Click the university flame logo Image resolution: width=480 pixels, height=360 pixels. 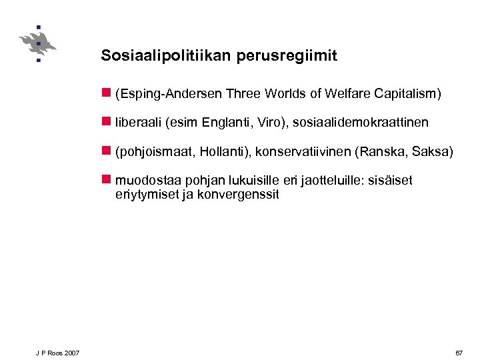(38, 44)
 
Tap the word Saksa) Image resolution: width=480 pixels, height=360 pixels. (435, 152)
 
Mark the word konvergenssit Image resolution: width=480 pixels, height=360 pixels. (238, 195)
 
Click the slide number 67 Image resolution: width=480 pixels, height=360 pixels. (459, 352)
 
